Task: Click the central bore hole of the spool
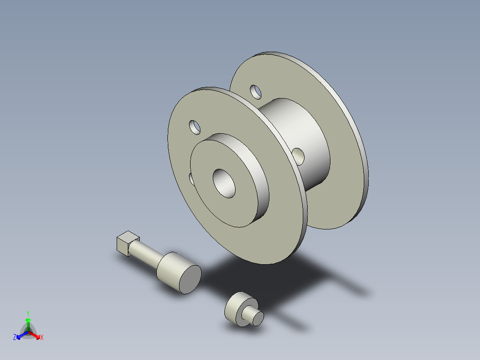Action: pos(225,183)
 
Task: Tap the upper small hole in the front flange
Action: pos(195,127)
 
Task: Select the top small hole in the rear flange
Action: pos(256,91)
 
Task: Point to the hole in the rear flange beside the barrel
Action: pos(298,156)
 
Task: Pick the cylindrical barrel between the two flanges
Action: pos(303,129)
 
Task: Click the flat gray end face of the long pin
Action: pos(191,278)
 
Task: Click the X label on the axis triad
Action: pos(42,338)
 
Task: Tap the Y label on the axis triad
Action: pos(28,313)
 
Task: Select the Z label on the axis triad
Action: pos(15,338)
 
